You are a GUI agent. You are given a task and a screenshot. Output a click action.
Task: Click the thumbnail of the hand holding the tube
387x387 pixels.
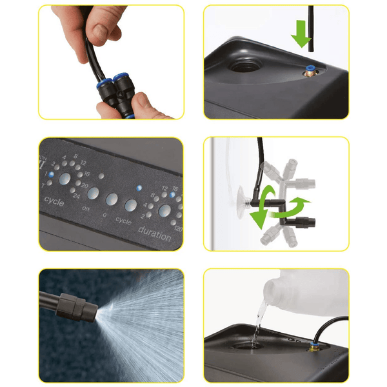pos(111,63)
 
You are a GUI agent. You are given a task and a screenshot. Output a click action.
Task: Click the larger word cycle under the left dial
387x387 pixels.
pos(55,200)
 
